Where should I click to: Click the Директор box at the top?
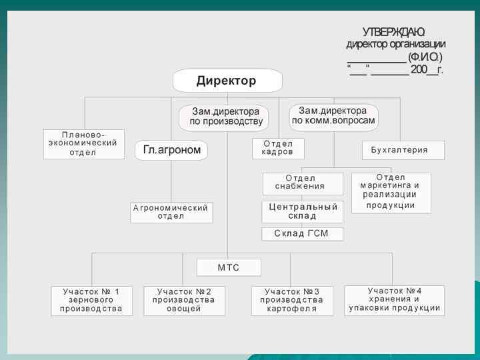(x=227, y=81)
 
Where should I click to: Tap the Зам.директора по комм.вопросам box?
(x=333, y=116)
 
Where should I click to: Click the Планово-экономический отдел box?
(x=84, y=143)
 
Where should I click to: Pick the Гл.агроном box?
(x=171, y=150)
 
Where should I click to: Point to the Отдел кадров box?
(x=278, y=148)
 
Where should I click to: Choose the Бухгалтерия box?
(x=403, y=150)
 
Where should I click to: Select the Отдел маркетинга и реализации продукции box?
(x=391, y=192)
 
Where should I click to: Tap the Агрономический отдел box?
(x=171, y=212)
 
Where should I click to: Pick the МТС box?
(x=229, y=267)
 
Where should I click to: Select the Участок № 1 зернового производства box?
(x=92, y=301)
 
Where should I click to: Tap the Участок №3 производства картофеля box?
(x=292, y=301)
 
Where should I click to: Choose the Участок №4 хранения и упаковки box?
(x=394, y=300)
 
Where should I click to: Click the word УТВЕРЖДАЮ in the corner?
(x=393, y=32)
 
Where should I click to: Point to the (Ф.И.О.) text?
(x=425, y=57)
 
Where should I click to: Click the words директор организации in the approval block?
(x=395, y=45)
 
